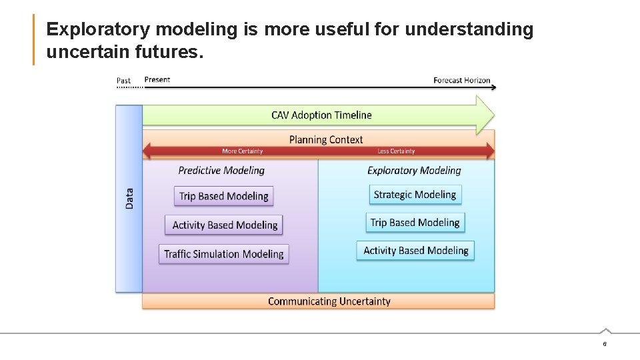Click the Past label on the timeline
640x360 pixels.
coord(124,81)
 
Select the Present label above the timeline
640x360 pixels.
coord(157,79)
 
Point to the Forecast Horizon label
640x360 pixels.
coord(461,80)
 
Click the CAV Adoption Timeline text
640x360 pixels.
coord(321,115)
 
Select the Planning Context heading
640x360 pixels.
coord(326,139)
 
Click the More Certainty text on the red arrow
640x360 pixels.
coord(242,151)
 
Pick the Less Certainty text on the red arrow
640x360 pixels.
coord(396,151)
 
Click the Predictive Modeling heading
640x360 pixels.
coord(221,171)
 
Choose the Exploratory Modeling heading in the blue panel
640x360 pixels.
coord(414,171)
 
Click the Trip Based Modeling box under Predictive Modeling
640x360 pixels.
coord(224,196)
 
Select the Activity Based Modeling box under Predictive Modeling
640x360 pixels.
coord(225,225)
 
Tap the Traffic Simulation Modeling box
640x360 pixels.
coord(224,254)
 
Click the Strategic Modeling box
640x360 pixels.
coord(415,195)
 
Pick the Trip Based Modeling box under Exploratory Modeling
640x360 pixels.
coord(415,223)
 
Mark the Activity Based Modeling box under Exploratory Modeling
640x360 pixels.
coord(416,251)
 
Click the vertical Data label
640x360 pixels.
coord(129,198)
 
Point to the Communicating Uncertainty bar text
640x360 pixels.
coord(329,301)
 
